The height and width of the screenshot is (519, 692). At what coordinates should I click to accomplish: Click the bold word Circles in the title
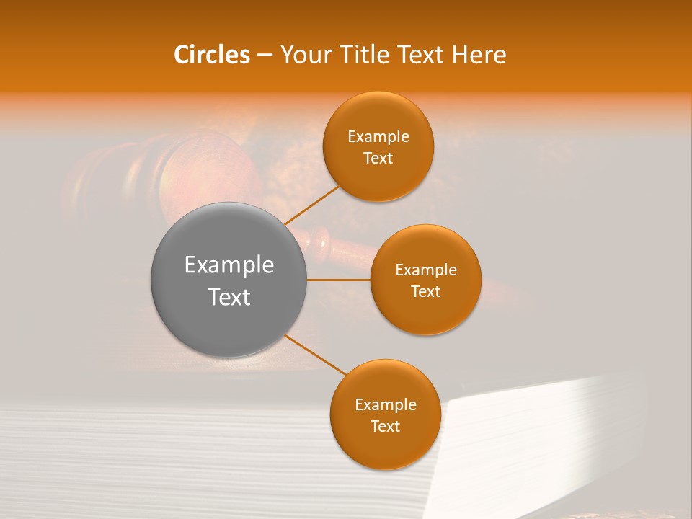coord(211,55)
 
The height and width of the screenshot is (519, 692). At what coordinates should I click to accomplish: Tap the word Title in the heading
coord(368,55)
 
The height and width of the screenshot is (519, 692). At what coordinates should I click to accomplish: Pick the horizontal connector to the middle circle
coord(339,279)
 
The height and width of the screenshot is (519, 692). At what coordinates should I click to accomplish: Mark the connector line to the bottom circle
coord(316,355)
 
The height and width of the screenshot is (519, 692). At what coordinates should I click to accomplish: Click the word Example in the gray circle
coord(229,265)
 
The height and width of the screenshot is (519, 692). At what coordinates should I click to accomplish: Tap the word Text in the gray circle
coord(229,297)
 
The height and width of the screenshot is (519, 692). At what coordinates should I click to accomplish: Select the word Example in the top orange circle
coord(378,137)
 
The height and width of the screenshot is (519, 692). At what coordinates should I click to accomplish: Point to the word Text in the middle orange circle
coord(426,291)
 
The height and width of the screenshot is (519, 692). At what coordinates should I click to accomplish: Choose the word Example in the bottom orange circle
coord(386,405)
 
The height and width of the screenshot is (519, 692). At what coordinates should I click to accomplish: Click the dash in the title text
coord(264,56)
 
